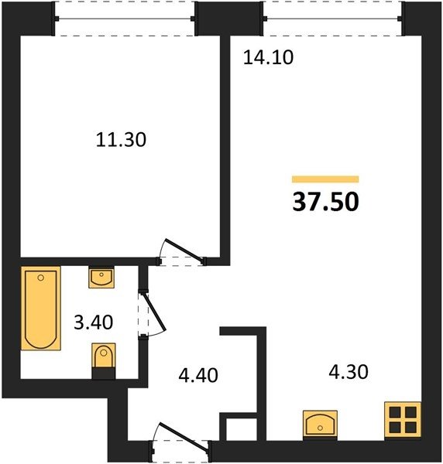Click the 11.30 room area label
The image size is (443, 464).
[121, 140]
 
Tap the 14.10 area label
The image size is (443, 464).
[268, 57]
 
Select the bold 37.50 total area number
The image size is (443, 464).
[325, 202]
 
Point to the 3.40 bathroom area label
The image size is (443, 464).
[94, 322]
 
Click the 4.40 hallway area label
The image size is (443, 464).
[198, 375]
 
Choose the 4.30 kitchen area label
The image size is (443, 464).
[349, 372]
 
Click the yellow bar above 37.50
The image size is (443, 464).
[325, 179]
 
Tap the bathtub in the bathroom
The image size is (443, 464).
[41, 309]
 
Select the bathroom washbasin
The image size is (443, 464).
[101, 278]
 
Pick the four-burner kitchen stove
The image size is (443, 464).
[403, 420]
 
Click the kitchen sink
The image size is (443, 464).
[320, 424]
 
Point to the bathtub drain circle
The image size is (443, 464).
[41, 278]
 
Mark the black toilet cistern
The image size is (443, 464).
[104, 374]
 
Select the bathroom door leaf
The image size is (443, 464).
[154, 312]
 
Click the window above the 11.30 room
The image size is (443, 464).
[125, 19]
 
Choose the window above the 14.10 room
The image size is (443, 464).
[332, 19]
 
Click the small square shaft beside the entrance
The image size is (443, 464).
[241, 429]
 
